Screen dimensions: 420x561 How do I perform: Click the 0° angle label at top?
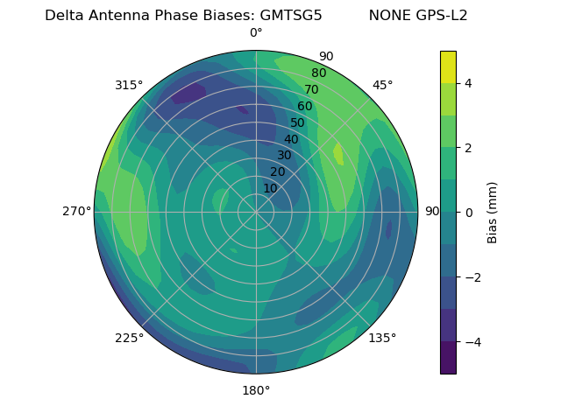(256, 33)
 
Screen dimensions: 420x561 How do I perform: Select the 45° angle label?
(382, 85)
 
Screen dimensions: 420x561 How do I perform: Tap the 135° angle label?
(382, 338)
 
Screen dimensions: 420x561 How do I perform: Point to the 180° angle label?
(256, 390)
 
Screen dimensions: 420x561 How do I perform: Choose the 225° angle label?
(129, 339)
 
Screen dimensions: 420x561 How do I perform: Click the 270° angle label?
(77, 211)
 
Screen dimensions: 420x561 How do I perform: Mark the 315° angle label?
(129, 85)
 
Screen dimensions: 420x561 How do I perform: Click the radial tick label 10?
(270, 188)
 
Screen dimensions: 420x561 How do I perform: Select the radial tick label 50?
(298, 122)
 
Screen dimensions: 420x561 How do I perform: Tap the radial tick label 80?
(319, 73)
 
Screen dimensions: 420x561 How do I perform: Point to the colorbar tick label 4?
(468, 83)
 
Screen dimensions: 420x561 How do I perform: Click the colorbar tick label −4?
(470, 341)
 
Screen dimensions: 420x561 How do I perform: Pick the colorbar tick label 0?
(468, 212)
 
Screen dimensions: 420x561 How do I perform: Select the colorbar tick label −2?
(470, 276)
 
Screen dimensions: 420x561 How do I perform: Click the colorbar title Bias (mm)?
(493, 212)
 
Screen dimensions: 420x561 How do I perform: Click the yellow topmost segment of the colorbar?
(448, 66)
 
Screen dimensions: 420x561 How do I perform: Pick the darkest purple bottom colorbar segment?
(448, 357)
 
